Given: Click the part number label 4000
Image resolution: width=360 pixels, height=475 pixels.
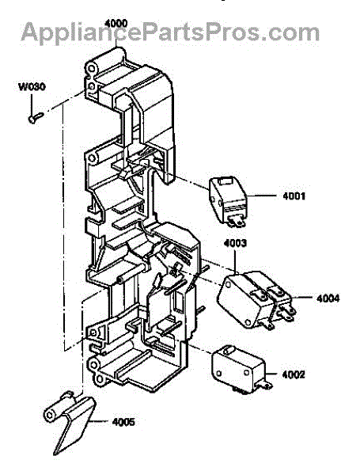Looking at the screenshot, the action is pyautogui.click(x=116, y=24).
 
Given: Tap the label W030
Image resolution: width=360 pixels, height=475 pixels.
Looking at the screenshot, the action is pyautogui.click(x=32, y=86).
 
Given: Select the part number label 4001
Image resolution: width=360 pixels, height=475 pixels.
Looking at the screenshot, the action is pyautogui.click(x=294, y=196).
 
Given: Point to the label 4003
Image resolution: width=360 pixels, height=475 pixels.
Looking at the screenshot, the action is pyautogui.click(x=235, y=243).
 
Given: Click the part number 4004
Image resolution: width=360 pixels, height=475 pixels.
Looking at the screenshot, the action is pyautogui.click(x=328, y=298).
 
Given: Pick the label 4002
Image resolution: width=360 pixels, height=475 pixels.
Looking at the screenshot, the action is pyautogui.click(x=294, y=374).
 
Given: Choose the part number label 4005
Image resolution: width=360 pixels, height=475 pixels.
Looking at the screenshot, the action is pyautogui.click(x=123, y=422).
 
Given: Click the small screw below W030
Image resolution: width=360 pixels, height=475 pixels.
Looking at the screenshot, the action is pyautogui.click(x=36, y=117).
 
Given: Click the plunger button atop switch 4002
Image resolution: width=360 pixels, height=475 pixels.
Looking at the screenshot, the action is pyautogui.click(x=227, y=350).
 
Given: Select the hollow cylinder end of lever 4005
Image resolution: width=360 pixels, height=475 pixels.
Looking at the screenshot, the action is pyautogui.click(x=50, y=414).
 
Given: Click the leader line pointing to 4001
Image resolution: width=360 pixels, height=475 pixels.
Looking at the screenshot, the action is pyautogui.click(x=262, y=196).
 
